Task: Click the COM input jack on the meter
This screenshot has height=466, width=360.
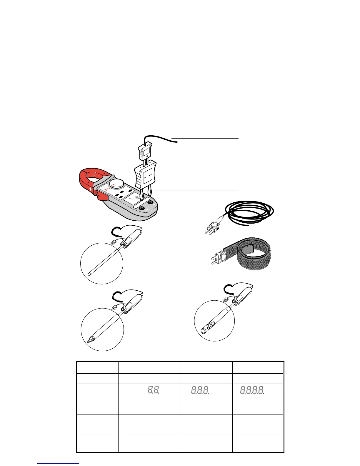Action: tap(144, 208)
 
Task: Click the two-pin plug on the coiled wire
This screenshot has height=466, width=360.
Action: tap(212, 227)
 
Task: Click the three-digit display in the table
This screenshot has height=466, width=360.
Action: tap(200, 390)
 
